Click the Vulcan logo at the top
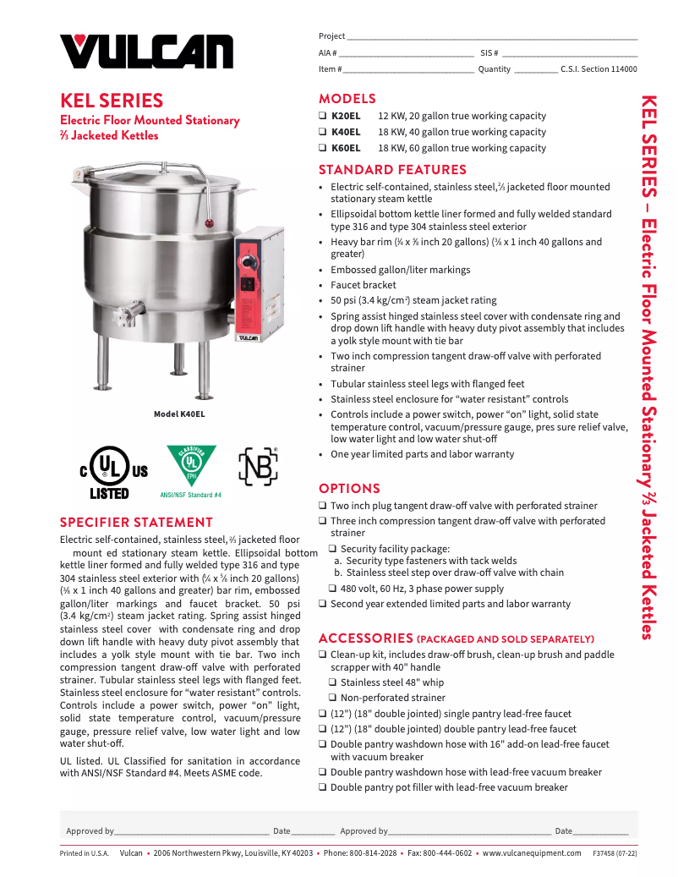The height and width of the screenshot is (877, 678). coord(145,51)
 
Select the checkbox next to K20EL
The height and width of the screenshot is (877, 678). coord(323,116)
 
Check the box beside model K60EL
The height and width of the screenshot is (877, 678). coord(323,148)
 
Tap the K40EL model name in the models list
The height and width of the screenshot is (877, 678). coord(346,132)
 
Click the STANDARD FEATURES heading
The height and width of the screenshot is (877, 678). coord(392,170)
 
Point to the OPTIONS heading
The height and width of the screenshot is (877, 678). coord(349,488)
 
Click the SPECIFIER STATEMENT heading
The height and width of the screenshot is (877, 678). coord(136,523)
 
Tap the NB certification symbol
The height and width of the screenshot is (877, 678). coord(258,466)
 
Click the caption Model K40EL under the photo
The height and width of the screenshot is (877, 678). coord(179,414)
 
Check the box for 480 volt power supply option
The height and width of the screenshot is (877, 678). coord(333,589)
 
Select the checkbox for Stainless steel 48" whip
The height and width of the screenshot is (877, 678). coord(333,682)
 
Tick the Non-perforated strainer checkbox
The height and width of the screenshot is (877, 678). coord(333,698)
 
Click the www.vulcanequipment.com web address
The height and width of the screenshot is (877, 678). coord(532,853)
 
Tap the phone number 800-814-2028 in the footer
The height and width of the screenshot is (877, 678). coord(372,853)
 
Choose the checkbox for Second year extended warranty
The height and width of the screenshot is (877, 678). coord(323,604)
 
